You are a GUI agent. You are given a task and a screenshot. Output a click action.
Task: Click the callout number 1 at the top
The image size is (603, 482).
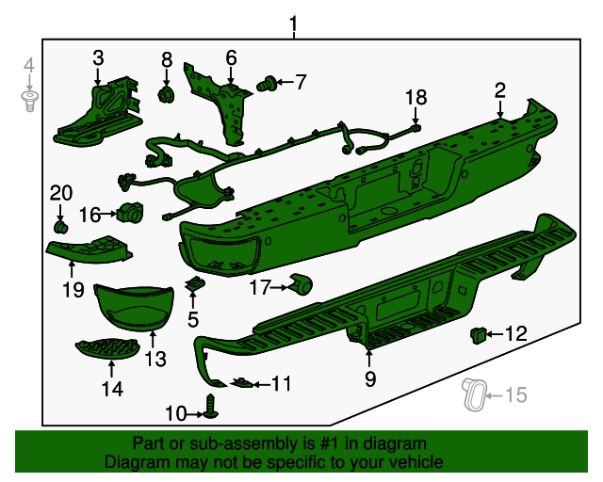(293, 23)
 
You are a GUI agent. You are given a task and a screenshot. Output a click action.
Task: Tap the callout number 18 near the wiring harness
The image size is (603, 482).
(416, 97)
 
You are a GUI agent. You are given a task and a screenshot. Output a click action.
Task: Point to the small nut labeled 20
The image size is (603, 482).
(61, 227)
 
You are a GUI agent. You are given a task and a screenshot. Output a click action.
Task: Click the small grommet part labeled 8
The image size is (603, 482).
(167, 94)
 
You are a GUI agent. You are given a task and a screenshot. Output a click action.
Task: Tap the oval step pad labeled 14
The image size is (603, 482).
(110, 347)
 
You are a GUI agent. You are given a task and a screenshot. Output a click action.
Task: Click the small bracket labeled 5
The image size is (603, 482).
(195, 284)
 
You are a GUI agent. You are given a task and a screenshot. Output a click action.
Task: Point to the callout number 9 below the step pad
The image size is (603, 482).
(369, 379)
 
